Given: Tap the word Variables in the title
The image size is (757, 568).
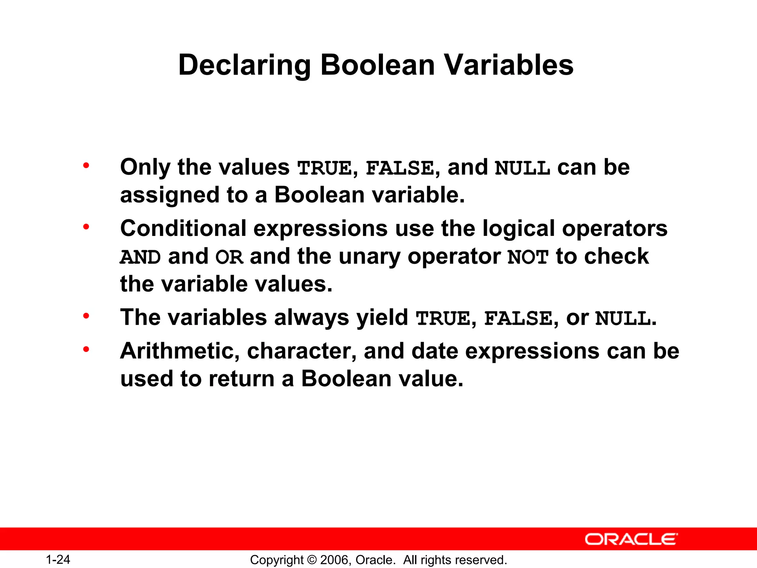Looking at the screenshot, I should tap(508, 65).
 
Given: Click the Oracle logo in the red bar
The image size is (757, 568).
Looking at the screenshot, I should tap(631, 539).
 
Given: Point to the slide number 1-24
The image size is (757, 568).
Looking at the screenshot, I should tap(58, 559).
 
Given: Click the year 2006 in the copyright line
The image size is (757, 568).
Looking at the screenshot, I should tap(334, 560).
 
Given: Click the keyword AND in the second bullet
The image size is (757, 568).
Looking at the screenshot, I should tap(140, 257).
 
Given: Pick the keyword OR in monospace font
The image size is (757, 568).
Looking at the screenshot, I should tap(229, 257).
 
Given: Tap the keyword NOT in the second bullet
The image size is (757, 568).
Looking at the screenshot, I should tap(528, 257).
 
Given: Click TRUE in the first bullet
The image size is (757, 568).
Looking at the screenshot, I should tap(325, 168).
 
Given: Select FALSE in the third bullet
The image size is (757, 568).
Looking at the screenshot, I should tap(518, 318).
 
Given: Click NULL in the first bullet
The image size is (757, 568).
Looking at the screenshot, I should tap(522, 168).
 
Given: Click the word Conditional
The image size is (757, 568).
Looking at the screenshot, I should tap(183, 228).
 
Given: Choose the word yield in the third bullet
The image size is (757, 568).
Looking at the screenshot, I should tap(382, 318).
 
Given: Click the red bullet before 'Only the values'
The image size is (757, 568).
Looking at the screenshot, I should tap(86, 165).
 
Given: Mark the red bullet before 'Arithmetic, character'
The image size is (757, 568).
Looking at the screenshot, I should tap(86, 349).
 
